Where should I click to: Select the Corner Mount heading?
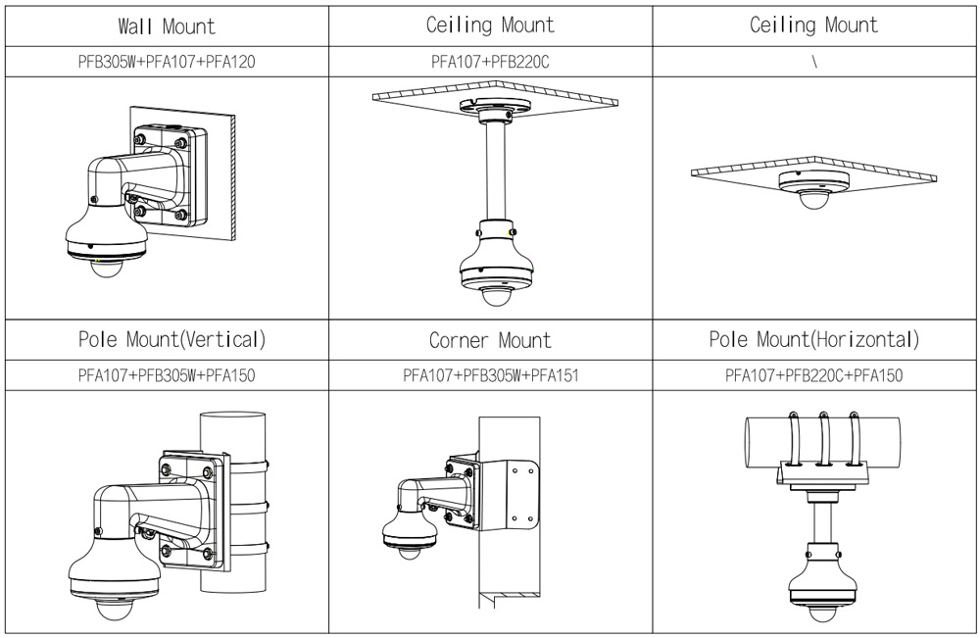click(x=490, y=341)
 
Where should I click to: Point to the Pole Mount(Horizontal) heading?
click(x=814, y=340)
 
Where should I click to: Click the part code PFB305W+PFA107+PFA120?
click(x=166, y=62)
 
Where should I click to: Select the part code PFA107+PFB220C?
click(x=490, y=62)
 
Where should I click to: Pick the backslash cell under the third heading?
click(x=814, y=62)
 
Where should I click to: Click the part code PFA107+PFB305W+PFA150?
click(x=166, y=376)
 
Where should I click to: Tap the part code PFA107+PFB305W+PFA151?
click(x=490, y=376)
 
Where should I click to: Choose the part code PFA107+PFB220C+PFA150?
click(x=814, y=376)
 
